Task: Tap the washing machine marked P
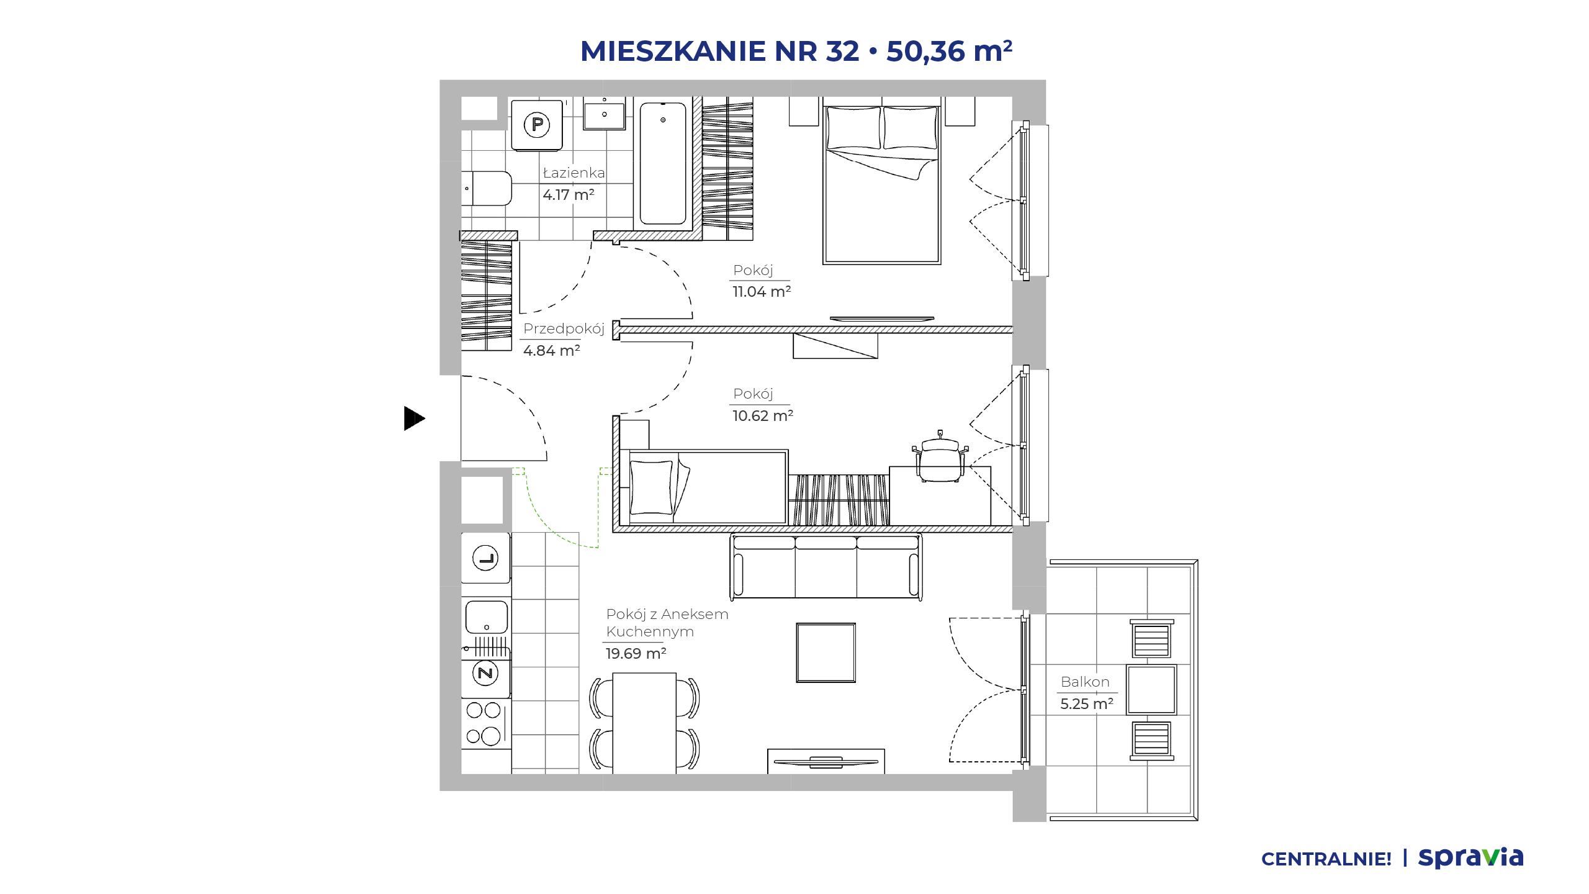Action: click(537, 125)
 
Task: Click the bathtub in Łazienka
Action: click(663, 163)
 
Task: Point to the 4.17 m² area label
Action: click(569, 194)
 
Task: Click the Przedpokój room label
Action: click(564, 328)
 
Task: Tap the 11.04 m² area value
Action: click(762, 291)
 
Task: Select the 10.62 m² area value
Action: click(763, 415)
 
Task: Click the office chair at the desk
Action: click(940, 456)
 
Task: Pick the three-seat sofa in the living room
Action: click(826, 567)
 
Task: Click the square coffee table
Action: click(826, 652)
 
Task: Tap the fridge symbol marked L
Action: click(485, 558)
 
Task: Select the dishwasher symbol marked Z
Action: click(485, 673)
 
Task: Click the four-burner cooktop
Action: click(486, 724)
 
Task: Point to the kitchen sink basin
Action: click(487, 616)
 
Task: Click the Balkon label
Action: click(1085, 682)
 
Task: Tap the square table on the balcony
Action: click(1151, 690)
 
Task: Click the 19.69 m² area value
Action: click(636, 653)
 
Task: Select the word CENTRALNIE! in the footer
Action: click(1326, 859)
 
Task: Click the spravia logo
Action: click(1471, 857)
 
